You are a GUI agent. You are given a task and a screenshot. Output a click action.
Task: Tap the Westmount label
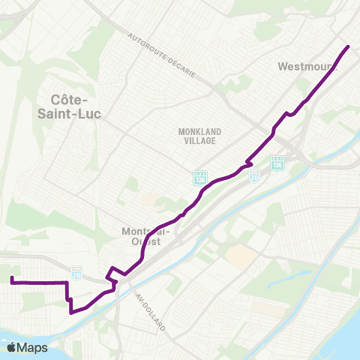pyautogui.click(x=307, y=66)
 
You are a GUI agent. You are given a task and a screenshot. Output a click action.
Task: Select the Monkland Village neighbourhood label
pyautogui.click(x=197, y=136)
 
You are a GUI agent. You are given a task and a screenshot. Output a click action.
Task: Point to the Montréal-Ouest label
pyautogui.click(x=146, y=237)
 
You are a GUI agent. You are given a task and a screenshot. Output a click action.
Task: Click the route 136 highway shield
pyautogui.click(x=277, y=162)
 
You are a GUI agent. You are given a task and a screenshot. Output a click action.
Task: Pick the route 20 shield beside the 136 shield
pyautogui.click(x=255, y=175)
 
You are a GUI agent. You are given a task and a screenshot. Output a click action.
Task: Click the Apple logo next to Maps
pyautogui.click(x=12, y=347)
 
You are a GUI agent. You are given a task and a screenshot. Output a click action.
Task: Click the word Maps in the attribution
pyautogui.click(x=34, y=347)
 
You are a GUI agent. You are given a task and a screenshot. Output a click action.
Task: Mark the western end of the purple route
pyautogui.click(x=11, y=280)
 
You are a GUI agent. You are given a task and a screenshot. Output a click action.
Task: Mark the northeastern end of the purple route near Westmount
pyautogui.click(x=349, y=46)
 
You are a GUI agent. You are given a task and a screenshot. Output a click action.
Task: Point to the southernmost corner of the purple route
pyautogui.click(x=70, y=313)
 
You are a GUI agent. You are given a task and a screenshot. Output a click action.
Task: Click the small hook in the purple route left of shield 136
pyautogui.click(x=248, y=162)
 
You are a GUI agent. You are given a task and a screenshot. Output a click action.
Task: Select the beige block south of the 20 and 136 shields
pyautogui.click(x=238, y=257)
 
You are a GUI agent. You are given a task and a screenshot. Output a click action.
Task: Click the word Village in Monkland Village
pyautogui.click(x=197, y=140)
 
